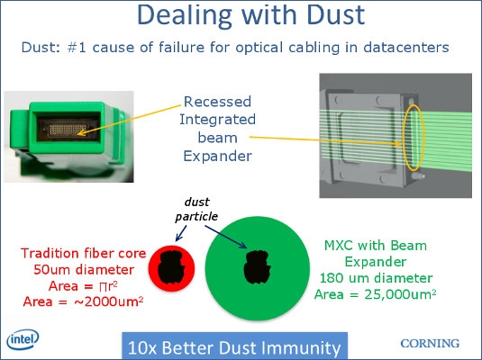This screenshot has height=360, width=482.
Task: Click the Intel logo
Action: [x=23, y=339]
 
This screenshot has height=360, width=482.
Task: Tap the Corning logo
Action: [x=430, y=344]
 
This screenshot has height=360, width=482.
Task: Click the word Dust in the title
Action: [x=335, y=14]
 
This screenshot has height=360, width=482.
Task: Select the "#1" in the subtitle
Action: [x=77, y=48]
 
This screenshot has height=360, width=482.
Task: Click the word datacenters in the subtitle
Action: [x=406, y=48]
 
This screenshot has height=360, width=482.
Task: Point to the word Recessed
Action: [x=217, y=102]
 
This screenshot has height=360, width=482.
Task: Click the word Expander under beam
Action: [x=218, y=156]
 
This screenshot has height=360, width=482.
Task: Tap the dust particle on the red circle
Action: [x=171, y=267]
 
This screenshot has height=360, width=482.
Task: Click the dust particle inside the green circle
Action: [x=257, y=267]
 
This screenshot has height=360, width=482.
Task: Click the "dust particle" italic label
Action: [x=196, y=209]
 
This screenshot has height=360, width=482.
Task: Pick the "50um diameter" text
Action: [x=84, y=270]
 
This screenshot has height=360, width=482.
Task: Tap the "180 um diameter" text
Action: [x=376, y=278]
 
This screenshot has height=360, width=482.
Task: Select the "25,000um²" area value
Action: [x=400, y=294]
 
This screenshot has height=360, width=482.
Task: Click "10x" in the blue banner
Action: [x=142, y=348]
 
